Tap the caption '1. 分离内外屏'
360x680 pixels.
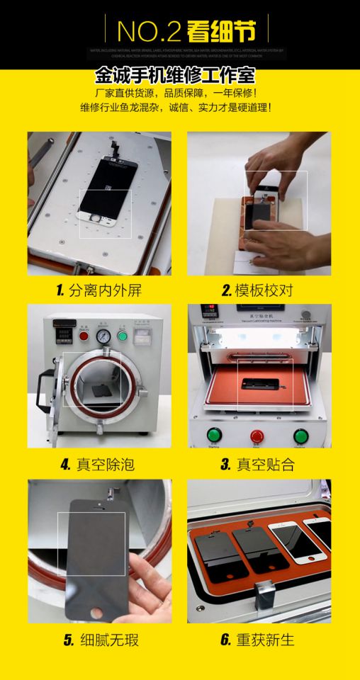(x=103, y=290)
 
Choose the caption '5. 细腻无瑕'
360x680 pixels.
(x=101, y=640)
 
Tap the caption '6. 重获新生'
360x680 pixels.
(x=257, y=640)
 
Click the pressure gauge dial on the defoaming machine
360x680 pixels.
(x=104, y=336)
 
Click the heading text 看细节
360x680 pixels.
(x=219, y=30)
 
